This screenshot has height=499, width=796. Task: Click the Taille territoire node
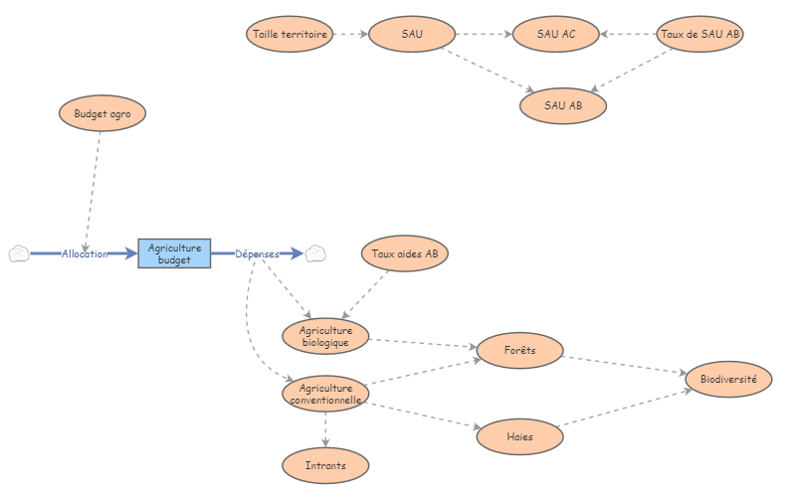coord(289,35)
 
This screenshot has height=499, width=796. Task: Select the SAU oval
coord(412,35)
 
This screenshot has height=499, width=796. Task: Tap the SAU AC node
coord(555,35)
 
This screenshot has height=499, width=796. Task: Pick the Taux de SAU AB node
coord(700,35)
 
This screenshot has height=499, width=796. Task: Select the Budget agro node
coord(102,113)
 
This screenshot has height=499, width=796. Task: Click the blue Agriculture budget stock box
coord(174,253)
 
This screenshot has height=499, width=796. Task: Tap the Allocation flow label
coord(85,254)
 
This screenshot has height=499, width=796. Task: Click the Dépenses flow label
coord(257,254)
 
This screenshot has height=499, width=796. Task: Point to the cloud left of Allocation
coord(18,253)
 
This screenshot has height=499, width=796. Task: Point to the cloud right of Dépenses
coord(315,253)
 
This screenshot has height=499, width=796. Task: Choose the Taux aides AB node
coord(405,253)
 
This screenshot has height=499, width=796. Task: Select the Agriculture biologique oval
coord(326,337)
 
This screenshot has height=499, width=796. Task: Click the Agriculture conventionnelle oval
coord(326,394)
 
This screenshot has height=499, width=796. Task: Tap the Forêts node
coord(520,350)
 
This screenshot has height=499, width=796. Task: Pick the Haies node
coord(520,435)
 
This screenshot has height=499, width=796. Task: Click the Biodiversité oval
coord(729,379)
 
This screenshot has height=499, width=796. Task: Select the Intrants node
coord(325,464)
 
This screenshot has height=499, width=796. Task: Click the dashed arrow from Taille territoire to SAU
coord(349,35)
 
